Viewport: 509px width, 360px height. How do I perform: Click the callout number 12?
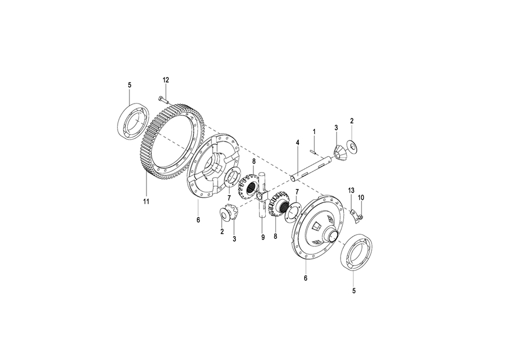[x=166, y=80]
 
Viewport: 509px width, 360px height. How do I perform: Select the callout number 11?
[x=146, y=201]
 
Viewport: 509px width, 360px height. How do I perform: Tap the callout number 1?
[x=313, y=131]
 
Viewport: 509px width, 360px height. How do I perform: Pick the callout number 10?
[x=361, y=197]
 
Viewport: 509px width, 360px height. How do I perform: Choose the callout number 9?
[x=263, y=238]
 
